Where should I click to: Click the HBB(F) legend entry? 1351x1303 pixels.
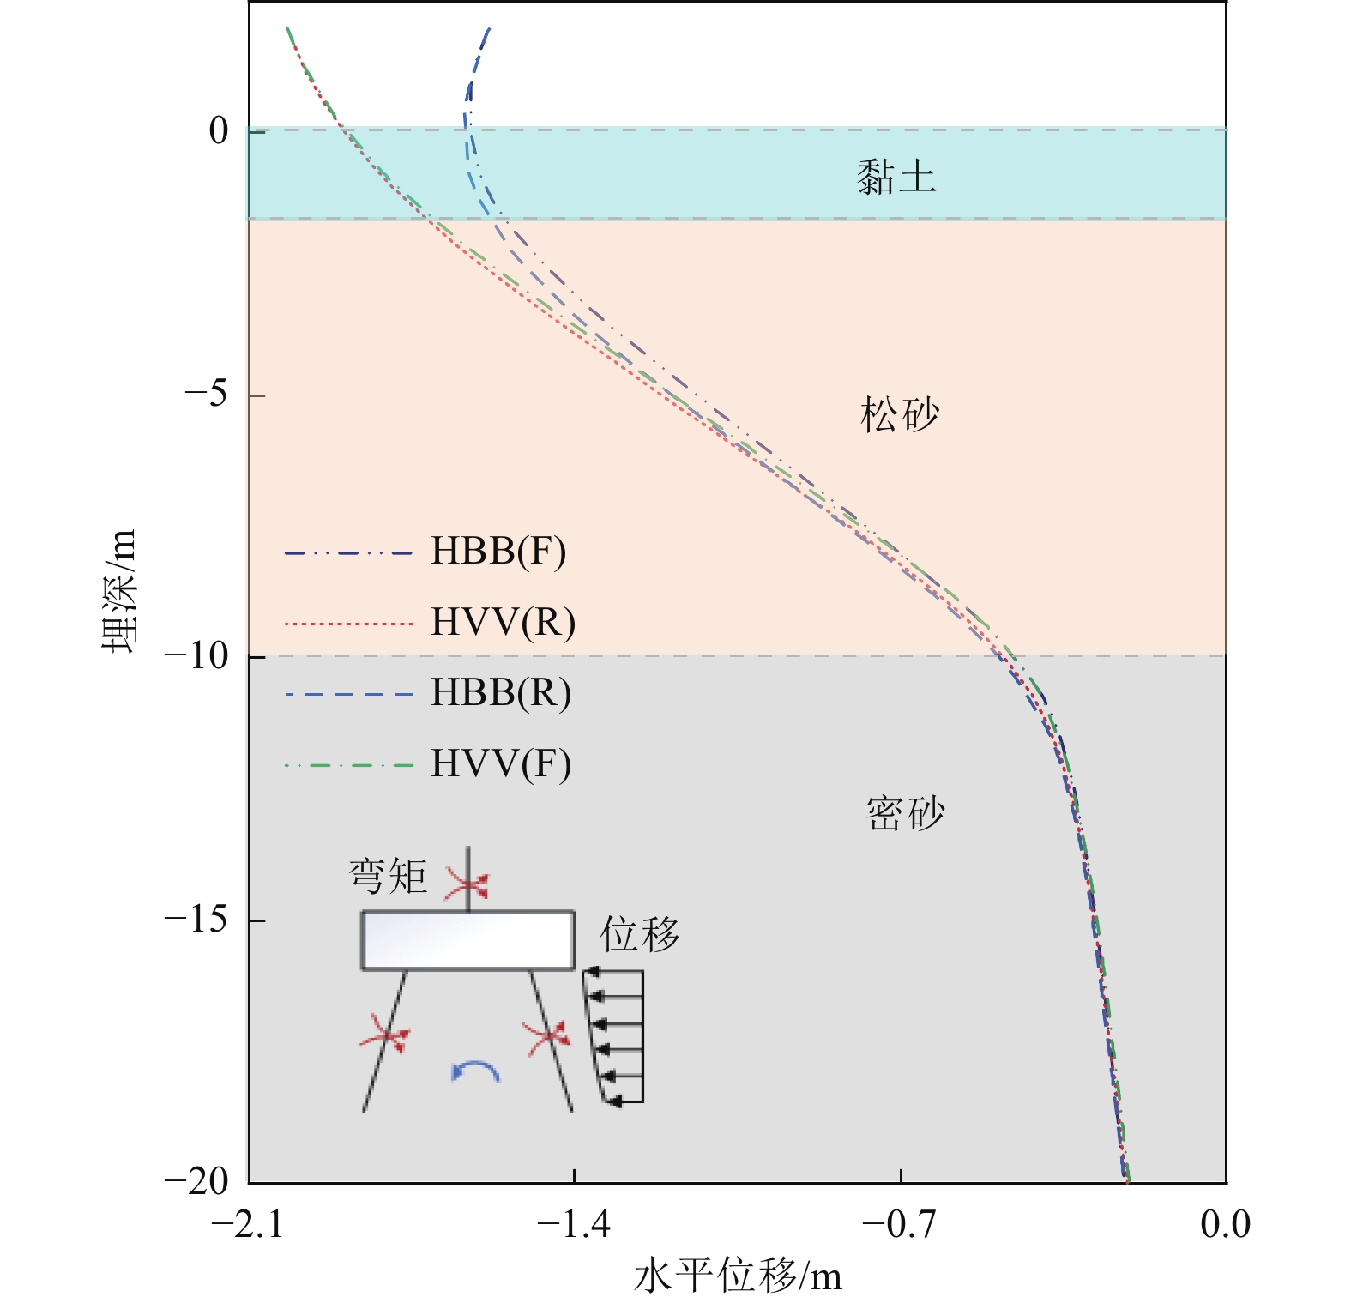498,552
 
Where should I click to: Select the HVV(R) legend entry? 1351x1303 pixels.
503,622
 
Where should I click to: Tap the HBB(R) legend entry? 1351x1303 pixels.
500,693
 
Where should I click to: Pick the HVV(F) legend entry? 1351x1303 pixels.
500,763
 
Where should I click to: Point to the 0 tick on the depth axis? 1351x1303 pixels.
220,130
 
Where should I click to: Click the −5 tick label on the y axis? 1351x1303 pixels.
207,395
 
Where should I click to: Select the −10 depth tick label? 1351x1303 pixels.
196,656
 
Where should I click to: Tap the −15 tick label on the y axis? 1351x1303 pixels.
196,920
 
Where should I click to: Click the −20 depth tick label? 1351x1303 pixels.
196,1181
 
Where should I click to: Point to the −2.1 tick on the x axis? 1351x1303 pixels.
247,1224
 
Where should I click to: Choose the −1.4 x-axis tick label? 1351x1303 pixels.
574,1224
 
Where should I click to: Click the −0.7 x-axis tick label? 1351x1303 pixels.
899,1224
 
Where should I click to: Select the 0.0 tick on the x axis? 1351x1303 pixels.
1225,1224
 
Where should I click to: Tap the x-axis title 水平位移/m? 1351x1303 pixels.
738,1276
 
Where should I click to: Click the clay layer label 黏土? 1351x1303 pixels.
896,178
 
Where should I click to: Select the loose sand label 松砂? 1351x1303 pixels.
900,415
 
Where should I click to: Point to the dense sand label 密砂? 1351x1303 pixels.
905,812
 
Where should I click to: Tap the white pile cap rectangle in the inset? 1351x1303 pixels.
467,940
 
